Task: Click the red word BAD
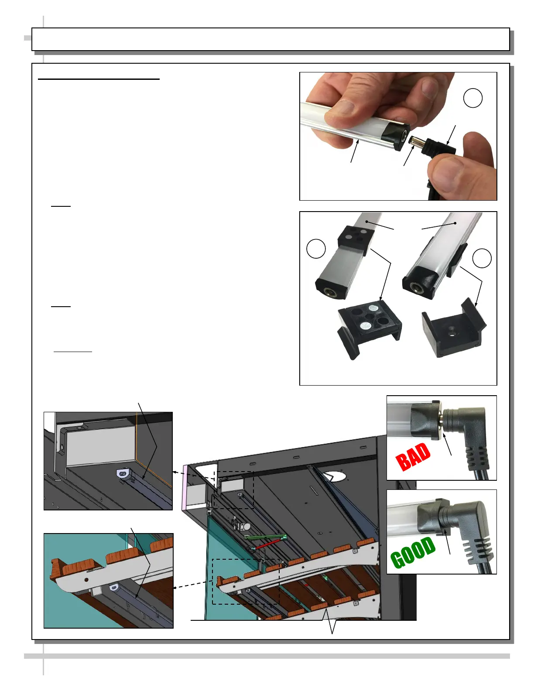(x=413, y=456)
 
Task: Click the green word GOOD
(x=413, y=552)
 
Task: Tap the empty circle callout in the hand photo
(x=472, y=98)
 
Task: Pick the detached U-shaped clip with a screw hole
(x=454, y=329)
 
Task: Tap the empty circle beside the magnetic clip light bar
(x=316, y=248)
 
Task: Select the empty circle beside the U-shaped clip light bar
(x=482, y=258)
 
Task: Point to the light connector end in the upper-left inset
(x=123, y=474)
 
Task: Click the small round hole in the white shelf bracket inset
(x=86, y=580)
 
